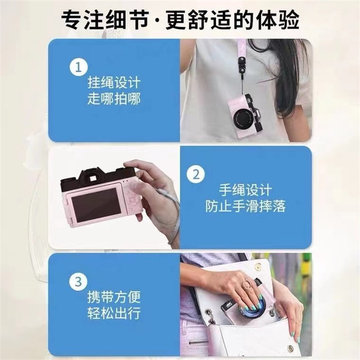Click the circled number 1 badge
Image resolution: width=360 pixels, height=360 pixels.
[79, 67]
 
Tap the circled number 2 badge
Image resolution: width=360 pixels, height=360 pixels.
[196, 174]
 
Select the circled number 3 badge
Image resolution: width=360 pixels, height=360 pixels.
[79, 281]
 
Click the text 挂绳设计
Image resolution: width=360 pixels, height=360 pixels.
[114, 83]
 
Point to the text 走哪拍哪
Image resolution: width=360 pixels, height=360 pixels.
[114, 99]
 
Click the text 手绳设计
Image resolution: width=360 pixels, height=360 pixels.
[245, 190]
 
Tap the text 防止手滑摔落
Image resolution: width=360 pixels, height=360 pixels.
[245, 206]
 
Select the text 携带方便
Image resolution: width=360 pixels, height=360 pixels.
[114, 296]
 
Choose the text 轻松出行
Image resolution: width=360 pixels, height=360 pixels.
[114, 313]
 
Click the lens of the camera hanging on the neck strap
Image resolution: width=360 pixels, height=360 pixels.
[243, 118]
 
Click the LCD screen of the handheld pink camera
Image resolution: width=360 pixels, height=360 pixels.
[96, 205]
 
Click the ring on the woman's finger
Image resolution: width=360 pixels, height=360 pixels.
[247, 284]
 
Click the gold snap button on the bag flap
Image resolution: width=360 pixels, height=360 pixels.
[259, 266]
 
